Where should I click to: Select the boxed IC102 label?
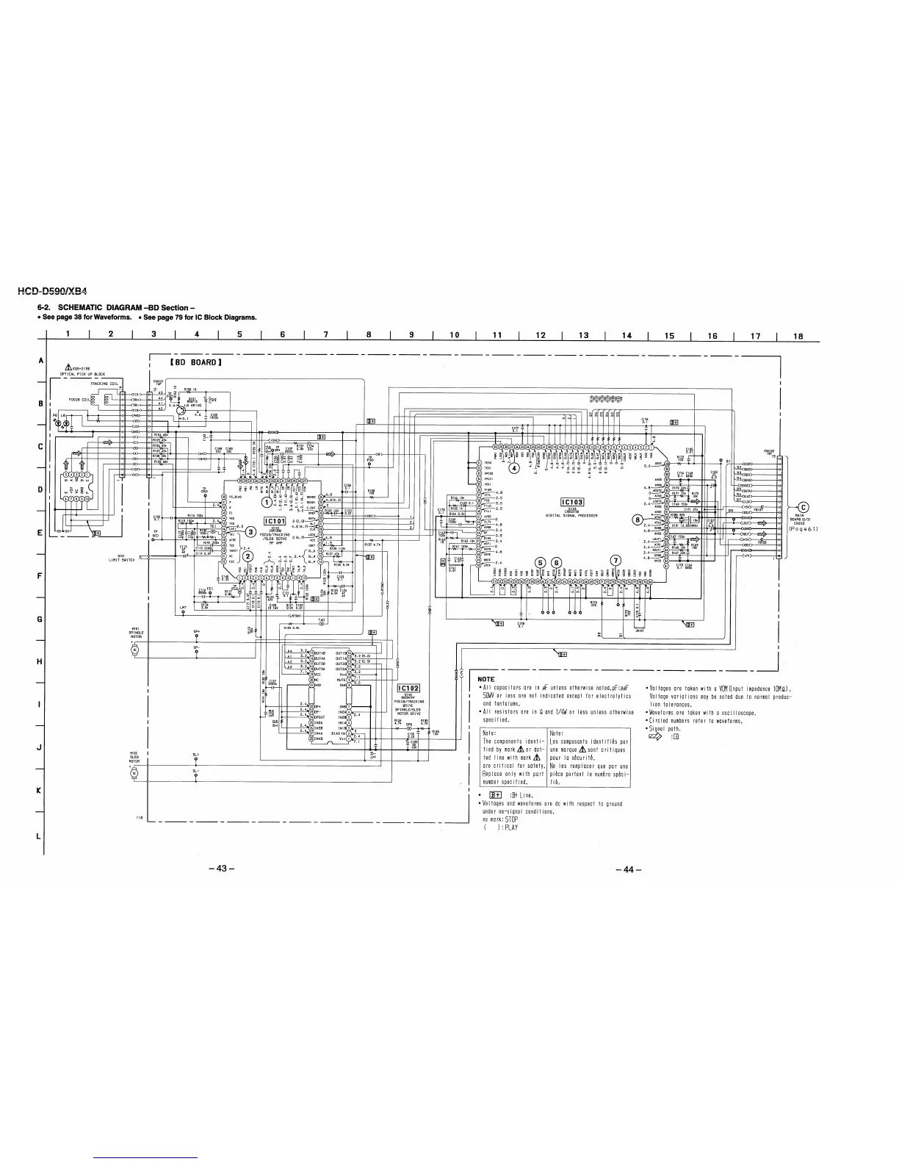407,688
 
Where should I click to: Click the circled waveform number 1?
266,503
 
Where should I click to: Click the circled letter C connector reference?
803,505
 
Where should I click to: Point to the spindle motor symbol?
134,650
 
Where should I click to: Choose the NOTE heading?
486,679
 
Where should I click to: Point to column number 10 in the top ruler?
454,336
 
